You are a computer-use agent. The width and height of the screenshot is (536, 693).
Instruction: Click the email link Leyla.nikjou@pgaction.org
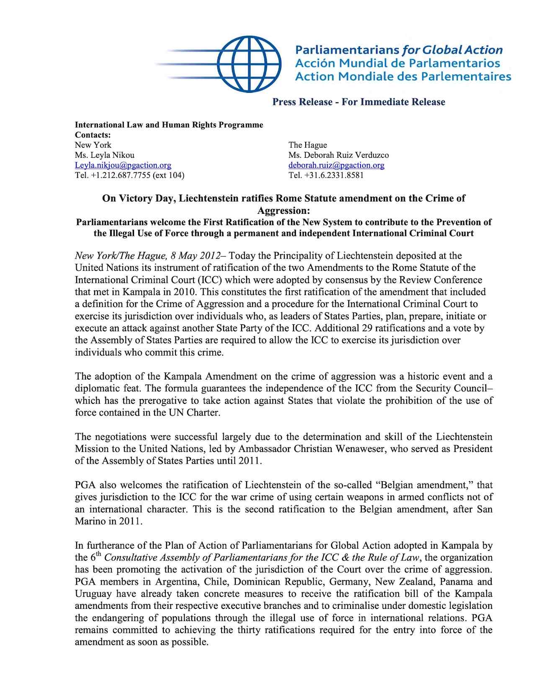(x=123, y=165)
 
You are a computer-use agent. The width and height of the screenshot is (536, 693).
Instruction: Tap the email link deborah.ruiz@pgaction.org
(x=336, y=165)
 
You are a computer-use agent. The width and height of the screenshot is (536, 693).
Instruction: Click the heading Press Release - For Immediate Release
(x=358, y=102)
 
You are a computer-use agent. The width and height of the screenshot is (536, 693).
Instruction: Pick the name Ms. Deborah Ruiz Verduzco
(x=338, y=155)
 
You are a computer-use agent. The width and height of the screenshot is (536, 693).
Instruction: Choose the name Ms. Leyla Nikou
(x=105, y=155)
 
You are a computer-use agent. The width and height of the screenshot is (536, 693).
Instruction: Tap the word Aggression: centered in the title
(x=283, y=210)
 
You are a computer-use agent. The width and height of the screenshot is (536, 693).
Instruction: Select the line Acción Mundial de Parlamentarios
(x=397, y=63)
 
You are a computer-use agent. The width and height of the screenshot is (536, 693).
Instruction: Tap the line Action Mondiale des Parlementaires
(x=403, y=77)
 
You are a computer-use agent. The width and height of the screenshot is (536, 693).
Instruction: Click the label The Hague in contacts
(x=307, y=145)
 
